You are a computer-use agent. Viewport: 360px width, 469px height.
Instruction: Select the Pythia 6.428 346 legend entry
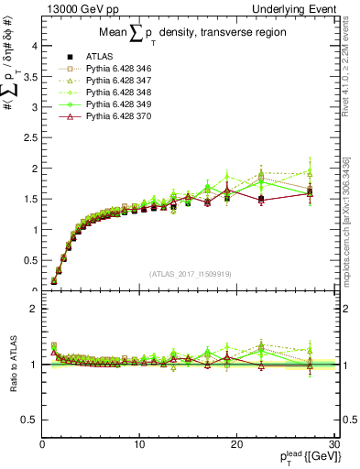(x=114, y=69)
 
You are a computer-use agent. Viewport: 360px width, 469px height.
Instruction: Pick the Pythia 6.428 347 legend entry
(x=114, y=81)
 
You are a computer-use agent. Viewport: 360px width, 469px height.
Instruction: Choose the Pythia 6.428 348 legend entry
(x=114, y=93)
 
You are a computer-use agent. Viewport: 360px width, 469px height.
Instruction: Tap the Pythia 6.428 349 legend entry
(x=114, y=104)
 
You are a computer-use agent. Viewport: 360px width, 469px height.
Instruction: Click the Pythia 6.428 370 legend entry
(x=114, y=116)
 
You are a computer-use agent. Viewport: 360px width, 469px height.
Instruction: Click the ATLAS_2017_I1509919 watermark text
(x=191, y=274)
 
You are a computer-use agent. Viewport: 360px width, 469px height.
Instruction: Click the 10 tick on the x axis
(x=139, y=445)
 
